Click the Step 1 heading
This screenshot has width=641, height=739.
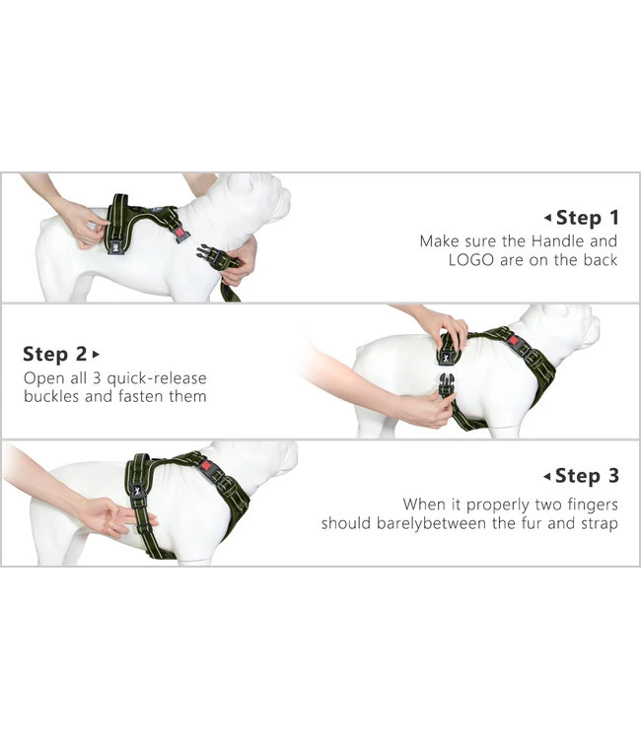pos(587,218)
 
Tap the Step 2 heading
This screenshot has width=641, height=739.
pos(54,354)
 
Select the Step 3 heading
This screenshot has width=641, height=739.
pos(587,476)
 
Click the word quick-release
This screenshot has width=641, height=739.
pos(157,378)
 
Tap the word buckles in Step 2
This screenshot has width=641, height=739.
pos(52,396)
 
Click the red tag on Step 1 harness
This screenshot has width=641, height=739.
pos(180,233)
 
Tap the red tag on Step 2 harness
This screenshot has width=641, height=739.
pos(514,341)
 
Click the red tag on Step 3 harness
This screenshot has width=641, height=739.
pos(206,466)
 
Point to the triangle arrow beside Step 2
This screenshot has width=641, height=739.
pos(97,354)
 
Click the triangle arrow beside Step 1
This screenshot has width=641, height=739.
pos(547,218)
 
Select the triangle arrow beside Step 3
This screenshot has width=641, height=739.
pos(547,477)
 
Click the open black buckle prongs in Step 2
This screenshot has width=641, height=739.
pos(446,385)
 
